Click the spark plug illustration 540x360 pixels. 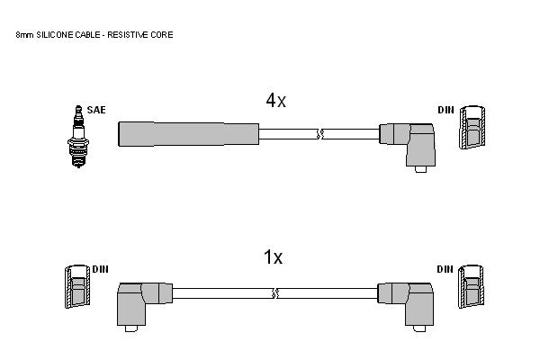[x=78, y=137]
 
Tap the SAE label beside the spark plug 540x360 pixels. [x=96, y=110]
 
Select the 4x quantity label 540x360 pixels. [x=275, y=101]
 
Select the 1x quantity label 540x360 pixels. [x=273, y=257]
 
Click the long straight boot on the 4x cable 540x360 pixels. [x=188, y=134]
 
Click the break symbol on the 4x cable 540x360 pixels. [x=320, y=134]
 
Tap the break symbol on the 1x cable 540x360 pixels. [x=275, y=293]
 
